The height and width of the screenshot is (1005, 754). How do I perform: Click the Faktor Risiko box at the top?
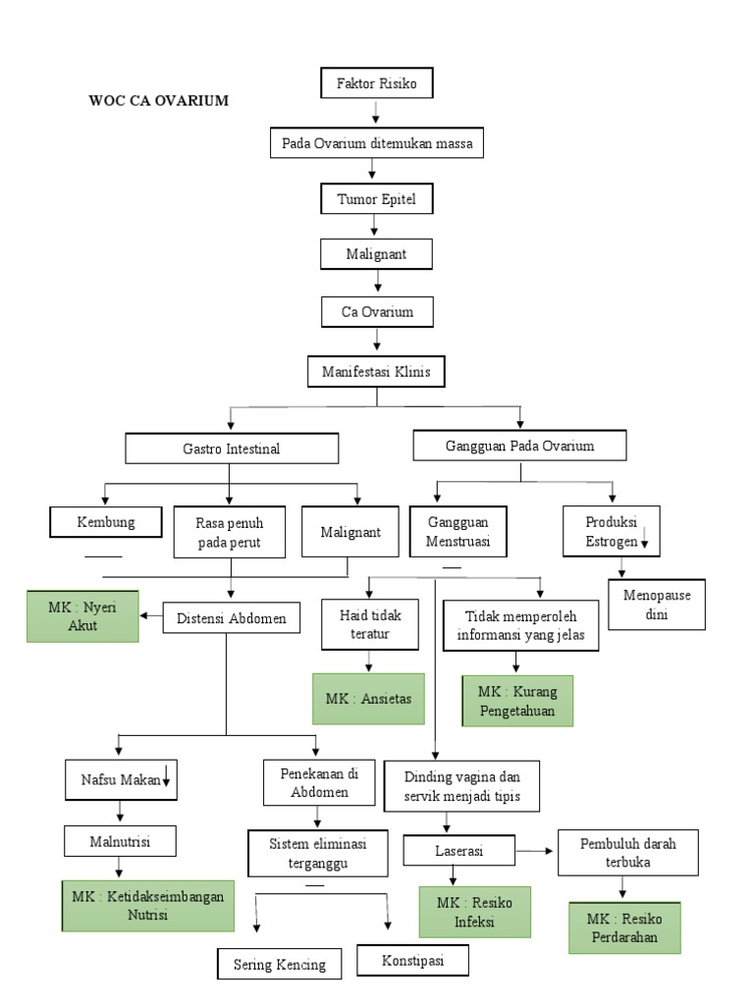point(376,83)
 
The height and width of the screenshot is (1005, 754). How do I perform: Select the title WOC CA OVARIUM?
point(158,100)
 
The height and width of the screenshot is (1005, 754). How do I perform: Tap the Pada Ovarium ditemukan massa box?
point(376,143)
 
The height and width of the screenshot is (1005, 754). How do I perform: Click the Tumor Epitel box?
point(376,199)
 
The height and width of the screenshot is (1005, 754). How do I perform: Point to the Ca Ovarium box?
point(377,312)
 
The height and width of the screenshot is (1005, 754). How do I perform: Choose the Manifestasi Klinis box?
point(376,372)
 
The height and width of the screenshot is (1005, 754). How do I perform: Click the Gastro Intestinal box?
point(232,449)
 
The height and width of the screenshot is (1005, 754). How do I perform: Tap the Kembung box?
point(106,522)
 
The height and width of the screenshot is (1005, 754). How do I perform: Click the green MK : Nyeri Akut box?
point(82,616)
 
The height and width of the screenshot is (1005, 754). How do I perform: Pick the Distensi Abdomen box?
point(232,618)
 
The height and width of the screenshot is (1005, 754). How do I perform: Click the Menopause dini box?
point(657,606)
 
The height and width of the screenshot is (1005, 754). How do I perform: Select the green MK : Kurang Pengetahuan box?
point(516,701)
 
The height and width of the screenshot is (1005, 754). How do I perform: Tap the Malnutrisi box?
point(120,841)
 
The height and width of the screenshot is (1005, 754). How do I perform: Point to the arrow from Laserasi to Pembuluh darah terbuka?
point(537,850)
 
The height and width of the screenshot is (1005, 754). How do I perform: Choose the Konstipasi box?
point(412,961)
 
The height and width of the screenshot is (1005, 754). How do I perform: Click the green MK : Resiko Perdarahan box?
point(624,927)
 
